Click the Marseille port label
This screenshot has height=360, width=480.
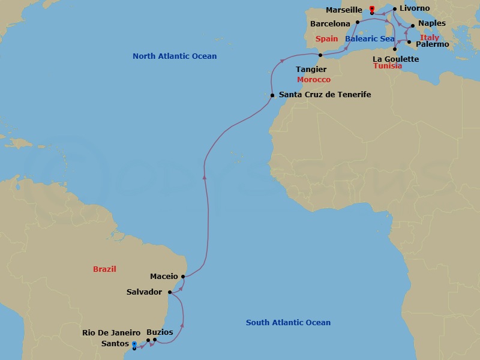pyautogui.click(x=343, y=10)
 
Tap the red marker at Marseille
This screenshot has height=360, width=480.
pyautogui.click(x=372, y=10)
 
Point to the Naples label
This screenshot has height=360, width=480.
pyautogui.click(x=432, y=23)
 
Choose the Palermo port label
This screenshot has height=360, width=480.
pyautogui.click(x=432, y=44)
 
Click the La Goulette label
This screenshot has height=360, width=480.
pyautogui.click(x=395, y=59)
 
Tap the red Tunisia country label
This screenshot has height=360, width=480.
pyautogui.click(x=388, y=66)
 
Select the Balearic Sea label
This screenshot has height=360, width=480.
pyautogui.click(x=370, y=39)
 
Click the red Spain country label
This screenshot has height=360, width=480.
pyautogui.click(x=327, y=39)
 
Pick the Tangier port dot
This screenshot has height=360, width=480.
pyautogui.click(x=320, y=56)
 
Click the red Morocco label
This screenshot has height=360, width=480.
pyautogui.click(x=314, y=79)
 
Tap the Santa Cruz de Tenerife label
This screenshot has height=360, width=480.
pyautogui.click(x=325, y=95)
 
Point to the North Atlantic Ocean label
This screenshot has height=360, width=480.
pyautogui.click(x=175, y=56)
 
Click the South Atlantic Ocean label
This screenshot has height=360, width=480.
pyautogui.click(x=288, y=323)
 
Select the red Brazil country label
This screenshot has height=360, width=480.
pyautogui.click(x=104, y=269)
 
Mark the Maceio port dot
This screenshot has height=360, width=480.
pyautogui.click(x=182, y=277)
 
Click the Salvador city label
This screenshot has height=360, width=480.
pyautogui.click(x=144, y=292)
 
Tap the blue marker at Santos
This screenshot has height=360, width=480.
pyautogui.click(x=134, y=344)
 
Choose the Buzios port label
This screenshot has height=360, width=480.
pyautogui.click(x=160, y=332)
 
